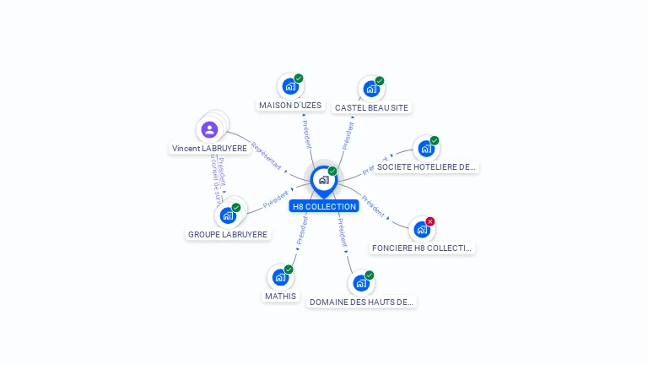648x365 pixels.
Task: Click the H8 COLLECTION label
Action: [324, 206]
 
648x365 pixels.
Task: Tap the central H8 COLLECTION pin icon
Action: [324, 179]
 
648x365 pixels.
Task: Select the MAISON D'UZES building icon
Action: [290, 86]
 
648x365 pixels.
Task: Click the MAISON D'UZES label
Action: [290, 106]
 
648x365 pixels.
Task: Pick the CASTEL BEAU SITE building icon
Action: [371, 89]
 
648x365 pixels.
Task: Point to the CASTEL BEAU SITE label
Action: [371, 108]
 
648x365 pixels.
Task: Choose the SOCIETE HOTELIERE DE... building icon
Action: [425, 149]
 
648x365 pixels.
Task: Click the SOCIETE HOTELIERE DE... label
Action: [426, 167]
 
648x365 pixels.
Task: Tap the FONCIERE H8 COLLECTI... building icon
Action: [422, 229]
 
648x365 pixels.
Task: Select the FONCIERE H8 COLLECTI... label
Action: [422, 248]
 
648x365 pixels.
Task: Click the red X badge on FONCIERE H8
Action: [430, 221]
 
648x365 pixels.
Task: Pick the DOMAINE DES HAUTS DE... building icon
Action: [361, 283]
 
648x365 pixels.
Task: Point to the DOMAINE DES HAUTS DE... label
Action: [361, 302]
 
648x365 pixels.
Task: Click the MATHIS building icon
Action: [280, 277]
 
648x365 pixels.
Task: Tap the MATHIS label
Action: [280, 297]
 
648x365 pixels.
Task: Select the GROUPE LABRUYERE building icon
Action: [228, 215]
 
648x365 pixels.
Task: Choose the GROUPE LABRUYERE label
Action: [228, 235]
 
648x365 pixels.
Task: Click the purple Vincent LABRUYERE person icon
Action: [209, 129]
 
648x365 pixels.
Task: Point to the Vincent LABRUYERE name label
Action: [209, 148]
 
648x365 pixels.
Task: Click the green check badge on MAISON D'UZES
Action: [299, 79]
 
